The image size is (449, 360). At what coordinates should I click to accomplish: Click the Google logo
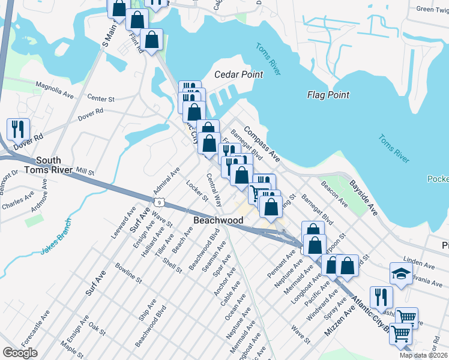pos(20,353)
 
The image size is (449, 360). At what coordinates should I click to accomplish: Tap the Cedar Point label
pos(239,75)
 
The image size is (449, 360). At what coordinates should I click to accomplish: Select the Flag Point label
pos(328,95)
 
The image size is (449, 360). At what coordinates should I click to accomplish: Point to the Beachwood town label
pos(218,221)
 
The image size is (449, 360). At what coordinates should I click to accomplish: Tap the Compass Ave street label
pos(262,144)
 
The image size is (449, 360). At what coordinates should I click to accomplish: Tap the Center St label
pos(100,98)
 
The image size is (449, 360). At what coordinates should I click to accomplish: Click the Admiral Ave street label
pos(166,179)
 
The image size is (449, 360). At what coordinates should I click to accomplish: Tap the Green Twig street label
pos(433,10)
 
